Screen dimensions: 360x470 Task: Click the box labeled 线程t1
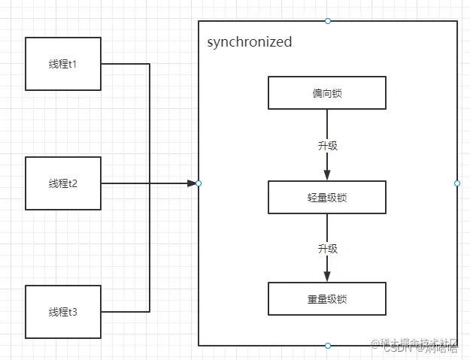click(x=63, y=64)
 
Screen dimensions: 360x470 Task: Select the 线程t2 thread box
click(x=63, y=183)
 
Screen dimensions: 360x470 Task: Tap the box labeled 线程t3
click(x=63, y=311)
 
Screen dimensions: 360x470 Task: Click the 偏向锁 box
click(x=327, y=93)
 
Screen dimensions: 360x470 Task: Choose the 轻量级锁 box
click(x=327, y=198)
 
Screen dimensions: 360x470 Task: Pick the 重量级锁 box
click(x=327, y=298)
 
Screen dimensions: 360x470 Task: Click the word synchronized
click(x=249, y=42)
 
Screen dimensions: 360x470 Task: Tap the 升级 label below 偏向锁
click(x=328, y=145)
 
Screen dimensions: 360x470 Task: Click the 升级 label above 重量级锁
click(x=328, y=248)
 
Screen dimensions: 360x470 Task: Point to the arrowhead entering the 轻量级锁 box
click(x=327, y=175)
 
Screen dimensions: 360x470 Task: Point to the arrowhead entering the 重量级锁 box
click(x=327, y=276)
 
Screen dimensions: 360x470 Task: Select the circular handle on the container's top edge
click(x=328, y=21)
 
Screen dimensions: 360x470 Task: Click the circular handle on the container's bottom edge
click(x=328, y=345)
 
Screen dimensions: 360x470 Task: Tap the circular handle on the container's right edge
click(x=457, y=183)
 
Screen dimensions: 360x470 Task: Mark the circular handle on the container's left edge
click(x=199, y=183)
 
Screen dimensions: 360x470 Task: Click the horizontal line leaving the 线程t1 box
click(x=125, y=64)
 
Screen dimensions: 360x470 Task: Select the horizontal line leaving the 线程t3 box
click(x=125, y=311)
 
